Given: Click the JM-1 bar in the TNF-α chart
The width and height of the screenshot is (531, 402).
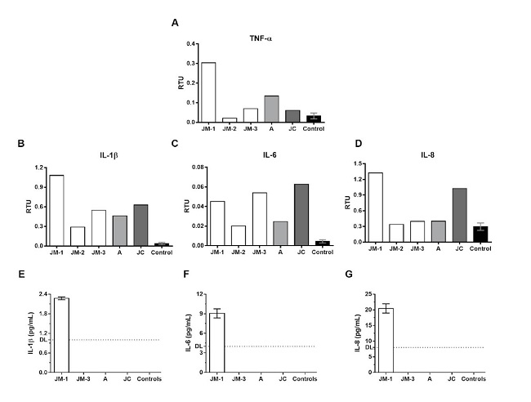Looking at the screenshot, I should [208, 92].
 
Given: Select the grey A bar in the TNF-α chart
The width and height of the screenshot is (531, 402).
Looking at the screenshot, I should [272, 109].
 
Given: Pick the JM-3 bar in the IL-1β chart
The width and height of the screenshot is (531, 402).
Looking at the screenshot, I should [99, 228].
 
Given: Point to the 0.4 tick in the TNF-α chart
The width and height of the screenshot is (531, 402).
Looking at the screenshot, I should [192, 43].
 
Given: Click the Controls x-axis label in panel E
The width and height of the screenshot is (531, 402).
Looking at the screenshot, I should [149, 379].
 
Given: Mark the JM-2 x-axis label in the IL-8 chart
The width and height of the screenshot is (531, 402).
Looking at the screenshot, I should [396, 248].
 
